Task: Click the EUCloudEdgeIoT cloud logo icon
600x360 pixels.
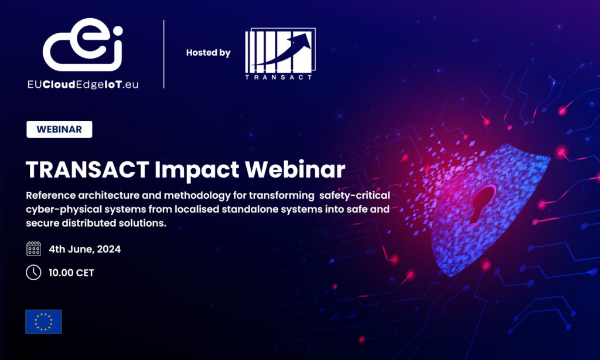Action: coord(83,45)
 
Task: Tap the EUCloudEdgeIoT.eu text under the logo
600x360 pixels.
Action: coord(83,84)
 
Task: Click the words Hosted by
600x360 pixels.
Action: coord(208,53)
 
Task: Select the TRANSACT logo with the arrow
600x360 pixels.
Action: coord(279,53)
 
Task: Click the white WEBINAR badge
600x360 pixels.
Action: coord(59,129)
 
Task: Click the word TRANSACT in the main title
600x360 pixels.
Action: coord(86,169)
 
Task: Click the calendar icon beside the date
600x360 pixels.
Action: coord(34,249)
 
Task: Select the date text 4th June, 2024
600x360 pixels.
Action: coord(85,249)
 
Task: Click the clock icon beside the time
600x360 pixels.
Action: coord(34,273)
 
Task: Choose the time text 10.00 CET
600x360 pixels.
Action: coord(71,273)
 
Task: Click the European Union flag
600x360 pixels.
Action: coord(43,321)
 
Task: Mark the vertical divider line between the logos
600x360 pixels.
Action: coord(163,54)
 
